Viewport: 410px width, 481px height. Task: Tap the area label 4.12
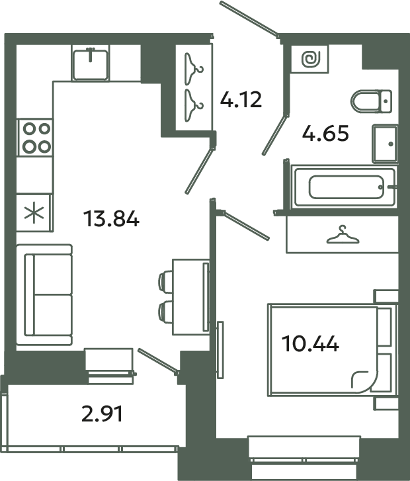(x=241, y=100)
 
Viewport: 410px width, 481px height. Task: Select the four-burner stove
(x=34, y=137)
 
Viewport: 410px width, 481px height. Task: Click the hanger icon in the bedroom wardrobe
(x=341, y=235)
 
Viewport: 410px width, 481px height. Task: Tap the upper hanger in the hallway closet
(x=194, y=65)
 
